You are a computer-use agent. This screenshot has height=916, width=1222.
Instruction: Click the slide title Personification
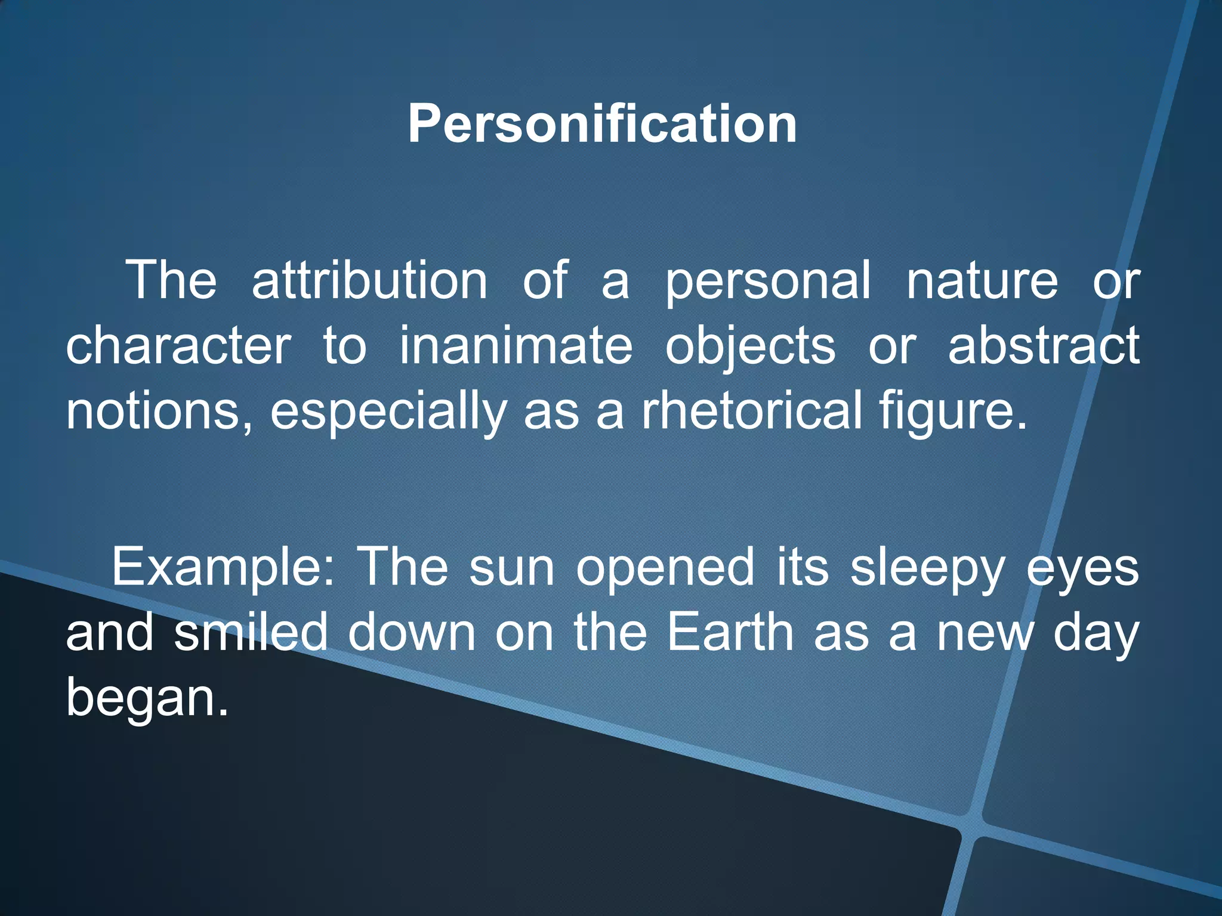pyautogui.click(x=602, y=124)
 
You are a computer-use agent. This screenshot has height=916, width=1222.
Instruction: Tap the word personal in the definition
pyautogui.click(x=768, y=281)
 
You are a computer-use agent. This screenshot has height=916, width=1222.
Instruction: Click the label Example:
pyautogui.click(x=224, y=568)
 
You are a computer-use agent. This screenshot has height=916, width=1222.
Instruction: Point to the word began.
pyautogui.click(x=147, y=699)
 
